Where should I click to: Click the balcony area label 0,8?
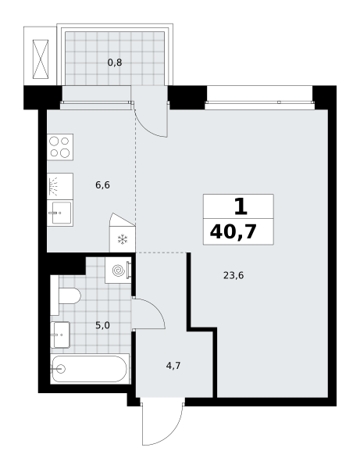115,63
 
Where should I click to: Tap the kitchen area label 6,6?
102,185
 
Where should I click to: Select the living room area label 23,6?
233,275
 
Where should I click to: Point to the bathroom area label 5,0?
102,325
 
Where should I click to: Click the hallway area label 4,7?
173,366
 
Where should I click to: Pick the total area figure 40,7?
233,232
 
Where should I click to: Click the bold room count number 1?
241,206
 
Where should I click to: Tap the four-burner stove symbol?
60,147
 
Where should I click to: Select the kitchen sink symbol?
61,213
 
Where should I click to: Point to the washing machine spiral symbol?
118,270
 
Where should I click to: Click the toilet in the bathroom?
66,295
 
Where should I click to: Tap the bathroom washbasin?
60,335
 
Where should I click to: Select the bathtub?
90,369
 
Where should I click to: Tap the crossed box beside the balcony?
41,59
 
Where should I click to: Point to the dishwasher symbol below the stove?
60,186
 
